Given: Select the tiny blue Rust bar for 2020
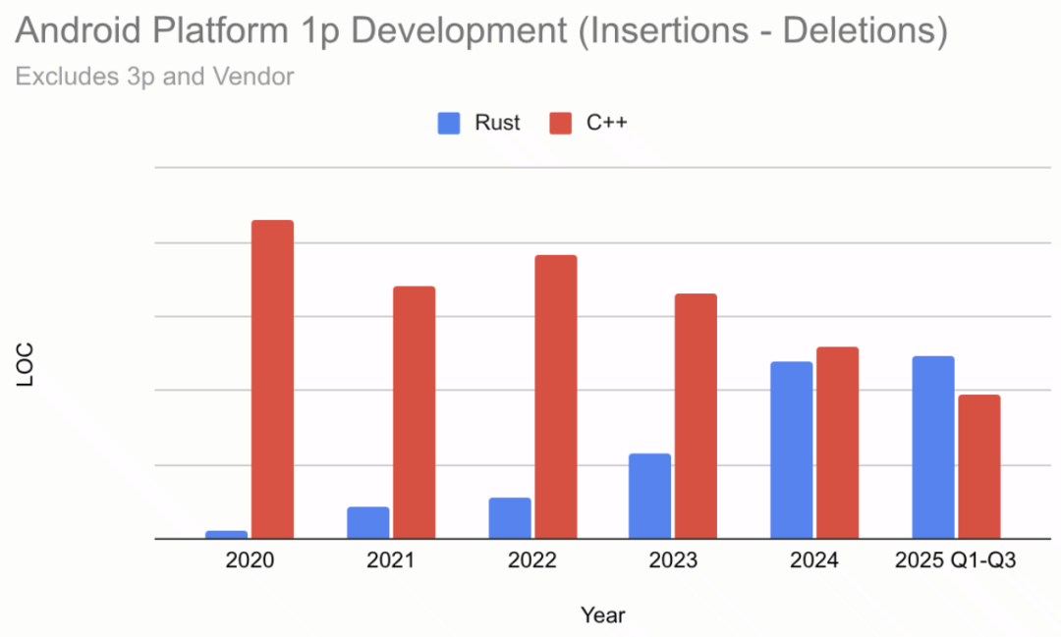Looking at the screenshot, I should tap(227, 535).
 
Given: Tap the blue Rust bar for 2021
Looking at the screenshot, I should tap(367, 522).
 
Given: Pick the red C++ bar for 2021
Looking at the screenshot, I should tap(414, 412).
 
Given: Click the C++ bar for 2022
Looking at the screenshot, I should tap(555, 397).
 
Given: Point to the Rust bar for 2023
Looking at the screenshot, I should tap(649, 496).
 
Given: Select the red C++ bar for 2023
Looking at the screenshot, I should tap(696, 416).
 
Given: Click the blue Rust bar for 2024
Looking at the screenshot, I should tap(791, 450).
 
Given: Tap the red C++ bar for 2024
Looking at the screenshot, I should tap(837, 443).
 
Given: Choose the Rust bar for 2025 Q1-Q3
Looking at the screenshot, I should tap(932, 447).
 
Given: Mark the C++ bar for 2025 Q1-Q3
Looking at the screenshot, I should tap(978, 466).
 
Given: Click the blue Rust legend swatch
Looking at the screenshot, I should tap(448, 123).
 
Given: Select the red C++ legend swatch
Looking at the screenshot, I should tap(560, 123).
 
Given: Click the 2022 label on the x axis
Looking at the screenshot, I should tap(531, 561).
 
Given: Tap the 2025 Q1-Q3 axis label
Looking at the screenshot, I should tap(955, 561).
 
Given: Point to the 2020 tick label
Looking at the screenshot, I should tap(250, 561).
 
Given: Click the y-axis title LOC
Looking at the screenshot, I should tap(27, 364).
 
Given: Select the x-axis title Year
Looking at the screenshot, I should tap(602, 615).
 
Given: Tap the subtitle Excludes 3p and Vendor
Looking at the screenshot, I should tap(154, 76).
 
